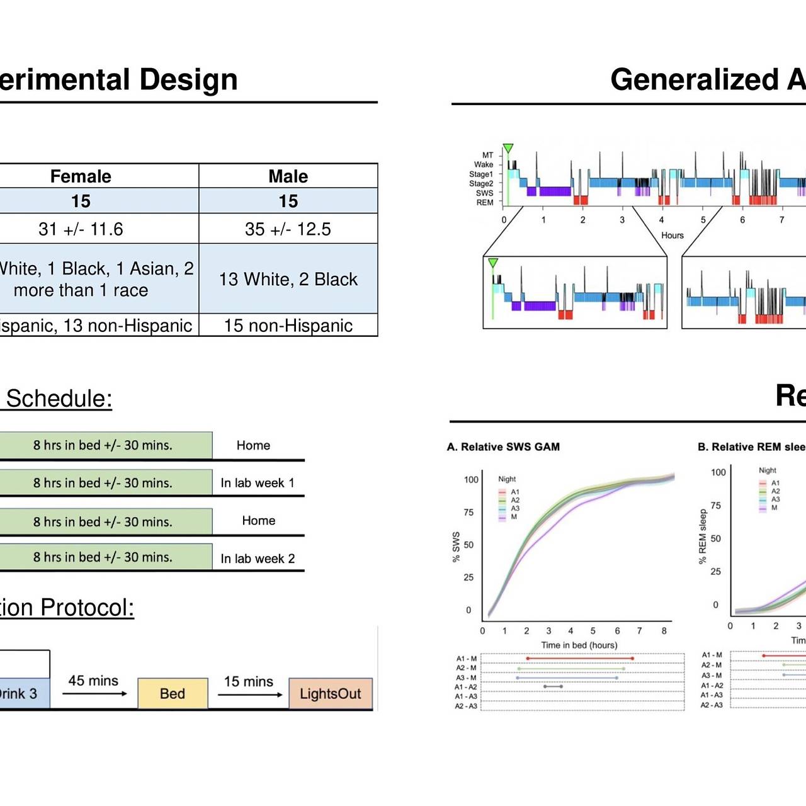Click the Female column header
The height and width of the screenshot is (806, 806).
point(81,176)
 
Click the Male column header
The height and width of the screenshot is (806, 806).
point(288,176)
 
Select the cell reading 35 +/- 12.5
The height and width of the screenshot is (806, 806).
point(288,229)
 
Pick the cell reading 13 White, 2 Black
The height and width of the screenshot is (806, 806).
point(288,279)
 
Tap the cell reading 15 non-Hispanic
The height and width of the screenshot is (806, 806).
point(288,326)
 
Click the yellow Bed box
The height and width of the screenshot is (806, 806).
point(173,694)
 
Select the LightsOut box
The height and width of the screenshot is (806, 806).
point(331,694)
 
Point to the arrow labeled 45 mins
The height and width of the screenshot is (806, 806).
point(94,694)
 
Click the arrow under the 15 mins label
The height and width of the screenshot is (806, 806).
point(250,695)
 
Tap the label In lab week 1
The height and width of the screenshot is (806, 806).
point(258,483)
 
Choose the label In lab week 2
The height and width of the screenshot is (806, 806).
point(258,559)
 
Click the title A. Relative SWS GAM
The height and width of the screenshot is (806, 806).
point(503,447)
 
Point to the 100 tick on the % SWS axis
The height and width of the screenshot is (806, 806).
point(471,480)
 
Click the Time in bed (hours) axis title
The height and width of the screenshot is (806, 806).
point(579,645)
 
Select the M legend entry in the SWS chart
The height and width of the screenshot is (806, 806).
point(514,517)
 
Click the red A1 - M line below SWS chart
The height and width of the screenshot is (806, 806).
point(579,658)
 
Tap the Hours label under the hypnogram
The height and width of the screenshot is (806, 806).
point(672,236)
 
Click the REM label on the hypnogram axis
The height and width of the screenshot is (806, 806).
point(485,203)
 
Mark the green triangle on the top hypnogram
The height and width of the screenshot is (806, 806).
point(508,149)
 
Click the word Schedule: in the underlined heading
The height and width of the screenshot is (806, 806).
point(59,399)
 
